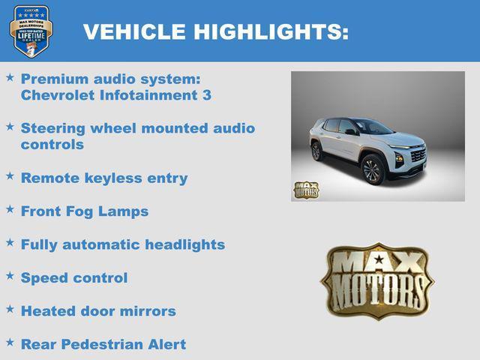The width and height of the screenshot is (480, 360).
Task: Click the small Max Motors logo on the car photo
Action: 305,190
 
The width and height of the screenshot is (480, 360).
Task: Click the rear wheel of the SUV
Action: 316,151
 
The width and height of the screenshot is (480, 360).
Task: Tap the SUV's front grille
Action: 417,157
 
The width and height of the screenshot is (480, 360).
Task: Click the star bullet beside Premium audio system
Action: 10,77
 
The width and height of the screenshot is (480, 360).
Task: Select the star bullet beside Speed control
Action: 10,277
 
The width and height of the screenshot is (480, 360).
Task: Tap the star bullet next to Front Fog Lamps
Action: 10,210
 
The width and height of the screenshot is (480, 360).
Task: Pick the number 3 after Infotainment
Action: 206,95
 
